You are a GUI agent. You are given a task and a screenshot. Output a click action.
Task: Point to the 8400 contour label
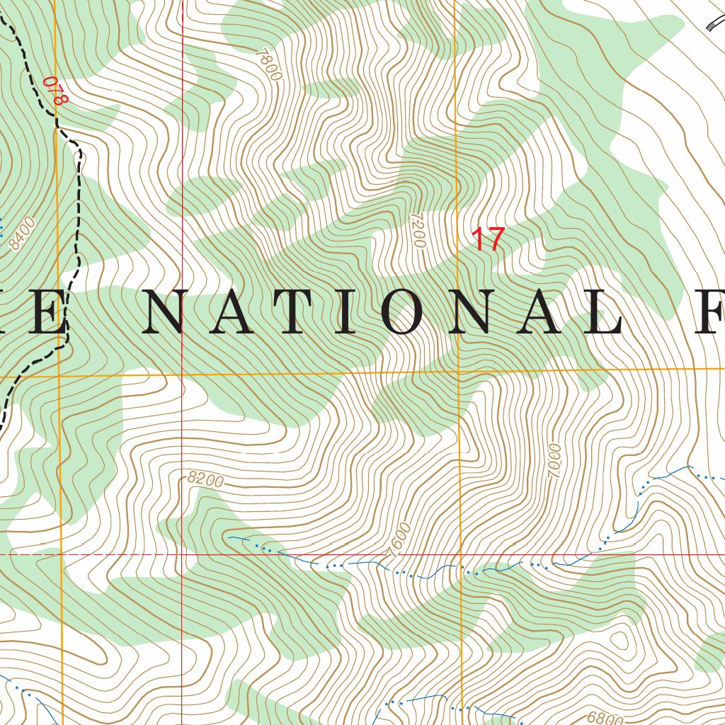23,234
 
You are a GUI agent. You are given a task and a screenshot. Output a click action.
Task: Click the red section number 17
488,239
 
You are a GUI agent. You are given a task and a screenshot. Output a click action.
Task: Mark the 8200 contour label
205,479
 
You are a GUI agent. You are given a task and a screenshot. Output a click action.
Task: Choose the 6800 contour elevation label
605,718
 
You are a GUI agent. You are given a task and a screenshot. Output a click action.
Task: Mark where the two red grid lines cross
182,554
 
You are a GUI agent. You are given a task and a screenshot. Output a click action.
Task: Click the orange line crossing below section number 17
458,370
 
